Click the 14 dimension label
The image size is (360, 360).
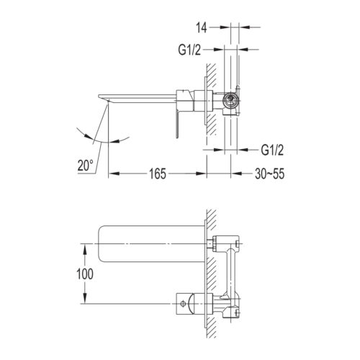coord(201,27)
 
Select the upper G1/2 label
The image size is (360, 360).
coord(189,50)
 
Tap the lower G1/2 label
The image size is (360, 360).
coord(272,150)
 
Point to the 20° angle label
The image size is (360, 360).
coord(85,166)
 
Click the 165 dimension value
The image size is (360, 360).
coord(158,174)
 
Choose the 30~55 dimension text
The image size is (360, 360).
coord(269,174)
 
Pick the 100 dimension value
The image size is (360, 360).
coord(85,274)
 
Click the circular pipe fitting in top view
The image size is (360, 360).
coord(230,100)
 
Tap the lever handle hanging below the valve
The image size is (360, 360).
coord(177,125)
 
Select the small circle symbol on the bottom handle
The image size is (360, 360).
coord(183,303)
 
